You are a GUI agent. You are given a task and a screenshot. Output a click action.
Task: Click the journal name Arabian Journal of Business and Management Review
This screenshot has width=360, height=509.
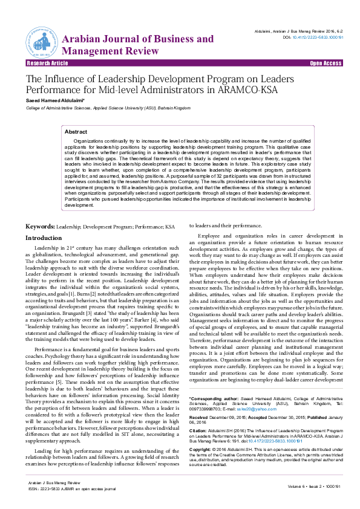[x=137, y=45]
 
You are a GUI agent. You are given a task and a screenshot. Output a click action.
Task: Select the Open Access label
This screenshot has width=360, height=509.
[x=326, y=63]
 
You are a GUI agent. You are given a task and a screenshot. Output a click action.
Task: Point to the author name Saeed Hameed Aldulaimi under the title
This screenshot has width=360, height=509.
[x=50, y=100]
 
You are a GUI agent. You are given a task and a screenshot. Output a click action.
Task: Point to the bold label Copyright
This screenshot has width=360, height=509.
[x=201, y=467]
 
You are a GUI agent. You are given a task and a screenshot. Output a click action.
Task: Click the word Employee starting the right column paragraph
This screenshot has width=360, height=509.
[x=211, y=235]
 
